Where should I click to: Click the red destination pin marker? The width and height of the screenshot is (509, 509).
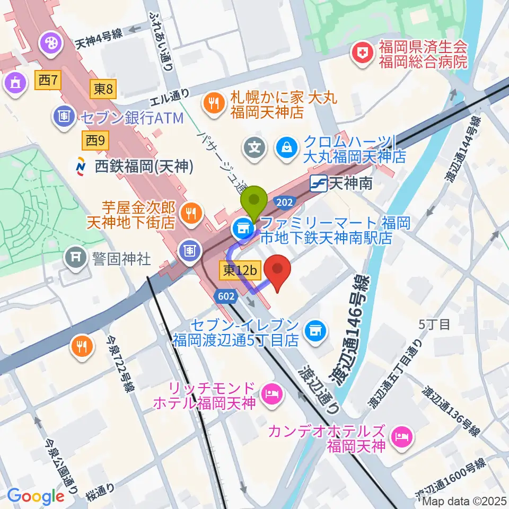pyautogui.click(x=277, y=271)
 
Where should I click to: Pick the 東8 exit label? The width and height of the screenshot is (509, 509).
pyautogui.click(x=103, y=90)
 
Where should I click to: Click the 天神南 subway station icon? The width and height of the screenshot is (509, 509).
pyautogui.click(x=318, y=183)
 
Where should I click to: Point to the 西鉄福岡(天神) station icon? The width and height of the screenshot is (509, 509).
pyautogui.click(x=82, y=166)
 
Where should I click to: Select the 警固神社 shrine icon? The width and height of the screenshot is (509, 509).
pyautogui.click(x=74, y=258)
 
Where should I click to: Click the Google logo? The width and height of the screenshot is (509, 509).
pyautogui.click(x=36, y=496)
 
